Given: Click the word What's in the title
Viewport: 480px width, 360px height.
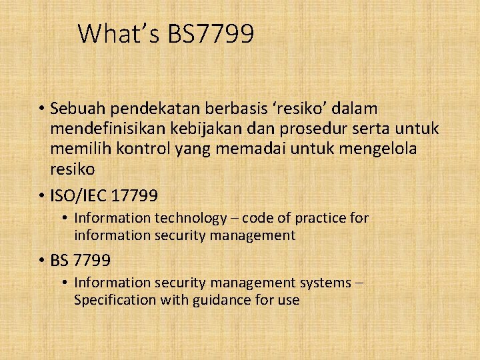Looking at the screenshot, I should click(x=117, y=33).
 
